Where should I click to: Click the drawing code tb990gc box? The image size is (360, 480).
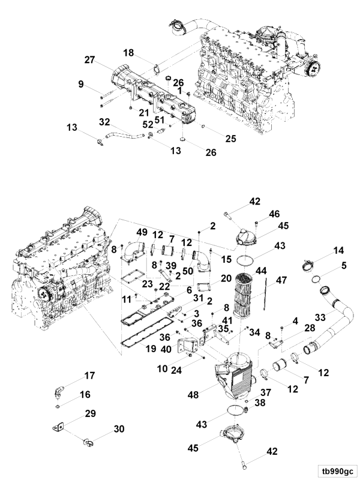coord(337,471)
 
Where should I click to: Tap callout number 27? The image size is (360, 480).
coord(89,59)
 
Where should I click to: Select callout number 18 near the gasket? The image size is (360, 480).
coord(128,53)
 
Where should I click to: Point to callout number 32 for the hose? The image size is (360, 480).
coord(104,122)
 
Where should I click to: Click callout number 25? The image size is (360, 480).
coord(231,139)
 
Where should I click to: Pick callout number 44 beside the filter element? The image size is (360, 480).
coord(261,271)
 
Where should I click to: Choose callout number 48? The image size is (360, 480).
coord(193,395)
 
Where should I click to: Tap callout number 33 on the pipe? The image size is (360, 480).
coord(320,317)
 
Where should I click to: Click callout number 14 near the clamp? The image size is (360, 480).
coord(338,251)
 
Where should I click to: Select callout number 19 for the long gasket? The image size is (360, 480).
coord(151,349)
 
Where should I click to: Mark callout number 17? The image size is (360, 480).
coord(89,376)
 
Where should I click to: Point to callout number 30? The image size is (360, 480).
coord(119,429)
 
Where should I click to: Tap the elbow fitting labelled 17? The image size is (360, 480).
coord(59,393)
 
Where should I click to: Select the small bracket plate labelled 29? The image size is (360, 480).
coord(58,427)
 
